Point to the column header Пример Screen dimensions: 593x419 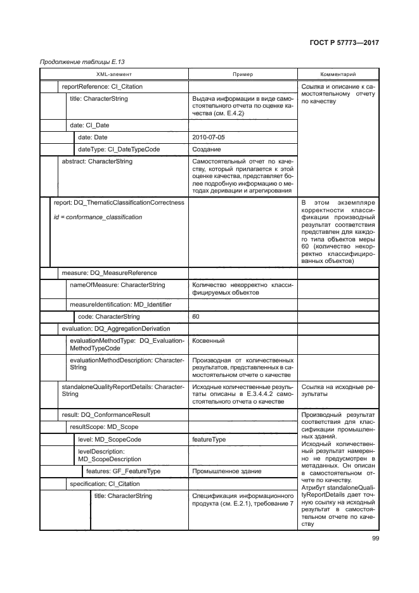(242, 74)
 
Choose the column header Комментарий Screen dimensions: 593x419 (338, 74)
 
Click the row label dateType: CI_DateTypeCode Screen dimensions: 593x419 (119, 150)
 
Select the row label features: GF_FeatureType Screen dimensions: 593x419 (123, 471)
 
